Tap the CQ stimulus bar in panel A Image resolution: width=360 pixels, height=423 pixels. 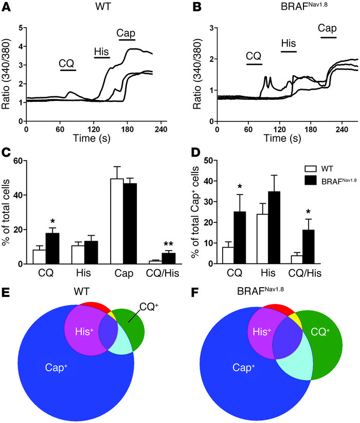(x=68, y=70)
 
